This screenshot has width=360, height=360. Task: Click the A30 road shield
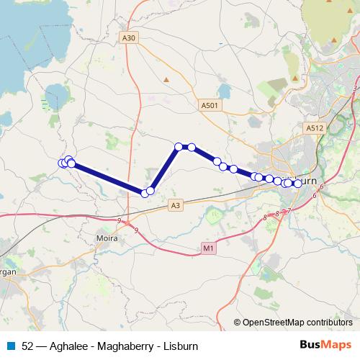pyautogui.click(x=130, y=38)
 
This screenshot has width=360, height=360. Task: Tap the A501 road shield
pyautogui.click(x=209, y=104)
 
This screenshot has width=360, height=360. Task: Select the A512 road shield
pyautogui.click(x=314, y=127)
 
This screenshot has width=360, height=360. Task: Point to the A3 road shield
pyautogui.click(x=175, y=205)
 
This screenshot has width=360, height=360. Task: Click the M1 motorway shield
pyautogui.click(x=208, y=248)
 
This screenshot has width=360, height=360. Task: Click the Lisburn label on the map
pyautogui.click(x=305, y=180)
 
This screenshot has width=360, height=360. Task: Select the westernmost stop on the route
pyautogui.click(x=63, y=163)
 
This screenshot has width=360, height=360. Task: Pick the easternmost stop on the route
pyautogui.click(x=297, y=184)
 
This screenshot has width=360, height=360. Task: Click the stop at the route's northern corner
pyautogui.click(x=179, y=147)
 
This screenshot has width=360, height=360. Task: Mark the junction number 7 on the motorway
pyautogui.click(x=289, y=210)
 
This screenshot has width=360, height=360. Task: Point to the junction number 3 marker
pyautogui.click(x=355, y=88)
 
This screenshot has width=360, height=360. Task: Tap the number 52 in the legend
pyautogui.click(x=27, y=345)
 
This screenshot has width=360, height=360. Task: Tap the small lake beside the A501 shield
pyautogui.click(x=223, y=91)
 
